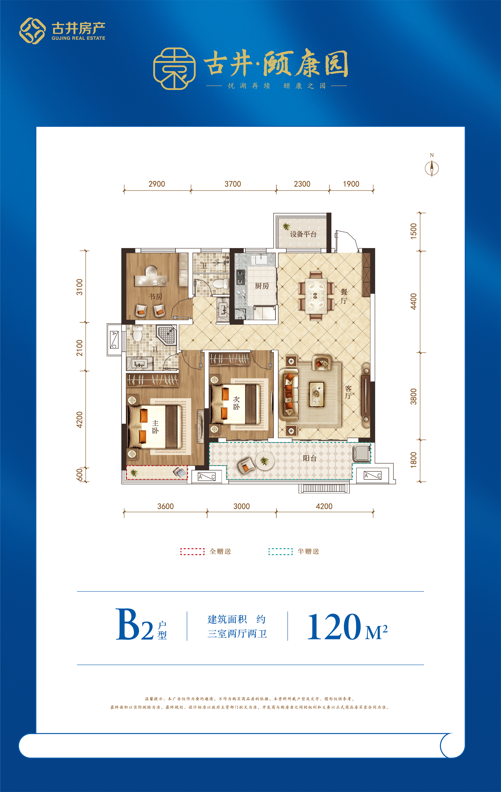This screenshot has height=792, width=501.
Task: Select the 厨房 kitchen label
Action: coord(262,286)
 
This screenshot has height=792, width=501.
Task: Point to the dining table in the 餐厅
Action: coord(316,296)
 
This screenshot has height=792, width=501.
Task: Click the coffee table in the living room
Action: coord(317,394)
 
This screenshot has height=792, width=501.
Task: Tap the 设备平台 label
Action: coord(303,234)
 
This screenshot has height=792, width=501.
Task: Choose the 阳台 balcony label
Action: coord(310,458)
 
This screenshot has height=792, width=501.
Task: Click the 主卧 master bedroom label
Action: coord(155,427)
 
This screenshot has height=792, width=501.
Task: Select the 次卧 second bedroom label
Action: coord(236,403)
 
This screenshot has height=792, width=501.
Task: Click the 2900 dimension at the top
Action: coord(157,184)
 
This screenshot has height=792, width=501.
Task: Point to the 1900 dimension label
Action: coord(351,184)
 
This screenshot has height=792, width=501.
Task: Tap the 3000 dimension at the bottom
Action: coord(241,506)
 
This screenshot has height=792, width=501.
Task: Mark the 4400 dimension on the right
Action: coord(413,301)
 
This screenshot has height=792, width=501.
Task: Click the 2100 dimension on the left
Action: coord(79,348)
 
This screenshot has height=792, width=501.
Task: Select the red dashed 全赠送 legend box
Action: coord(193,552)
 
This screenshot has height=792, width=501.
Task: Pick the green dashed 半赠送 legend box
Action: coord(281,552)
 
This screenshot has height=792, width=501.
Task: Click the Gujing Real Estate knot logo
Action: coord(32,31)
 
